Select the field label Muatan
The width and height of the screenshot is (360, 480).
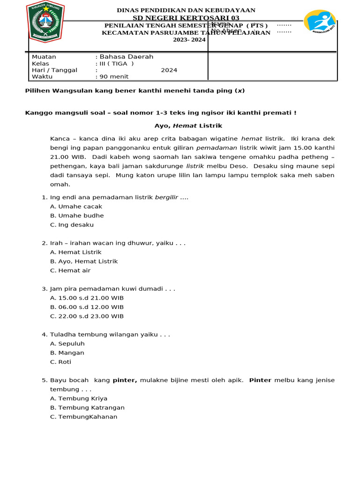(x=44, y=57)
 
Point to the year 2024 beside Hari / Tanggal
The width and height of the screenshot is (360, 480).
(x=169, y=70)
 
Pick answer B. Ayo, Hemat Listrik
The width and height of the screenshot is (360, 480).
(x=84, y=261)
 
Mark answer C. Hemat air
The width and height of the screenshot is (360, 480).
(x=70, y=270)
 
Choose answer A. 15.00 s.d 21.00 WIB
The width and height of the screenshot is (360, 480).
(x=87, y=298)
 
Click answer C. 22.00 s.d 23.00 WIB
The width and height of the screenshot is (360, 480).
(x=87, y=316)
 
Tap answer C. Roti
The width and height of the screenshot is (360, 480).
(x=61, y=362)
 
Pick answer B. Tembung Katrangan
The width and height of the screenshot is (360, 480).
(x=87, y=408)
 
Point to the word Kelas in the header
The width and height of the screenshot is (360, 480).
(x=40, y=64)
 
